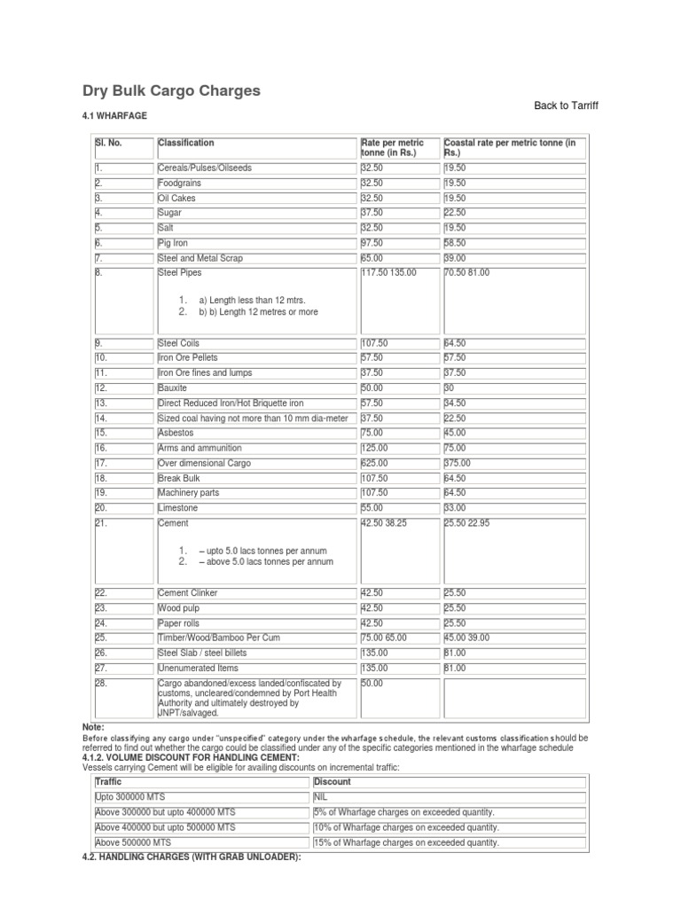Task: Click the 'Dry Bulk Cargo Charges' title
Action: [171, 90]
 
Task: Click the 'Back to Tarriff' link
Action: [566, 106]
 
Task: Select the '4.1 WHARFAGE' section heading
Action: [114, 116]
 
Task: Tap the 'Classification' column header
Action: [185, 143]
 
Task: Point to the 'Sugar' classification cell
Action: [170, 213]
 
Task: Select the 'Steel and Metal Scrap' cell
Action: [200, 258]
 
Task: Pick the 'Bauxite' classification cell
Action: [174, 388]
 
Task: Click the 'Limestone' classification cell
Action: [177, 508]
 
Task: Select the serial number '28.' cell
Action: [101, 684]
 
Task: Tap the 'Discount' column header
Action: [333, 782]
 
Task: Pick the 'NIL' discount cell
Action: [321, 797]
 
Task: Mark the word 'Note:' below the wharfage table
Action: [94, 727]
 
